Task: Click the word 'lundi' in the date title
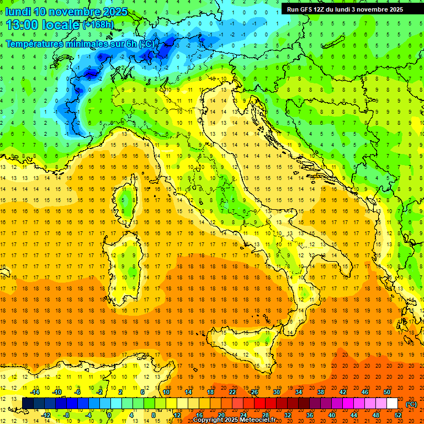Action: tap(18, 11)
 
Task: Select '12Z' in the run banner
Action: tap(326, 9)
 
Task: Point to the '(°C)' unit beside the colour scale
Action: tap(411, 404)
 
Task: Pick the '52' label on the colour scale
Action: tap(399, 415)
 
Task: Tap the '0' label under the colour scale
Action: tap(109, 415)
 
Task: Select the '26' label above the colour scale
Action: tap(255, 392)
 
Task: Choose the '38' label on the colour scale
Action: tap(320, 392)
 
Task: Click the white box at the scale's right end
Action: tap(392, 404)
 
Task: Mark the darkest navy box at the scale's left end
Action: tap(28, 404)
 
